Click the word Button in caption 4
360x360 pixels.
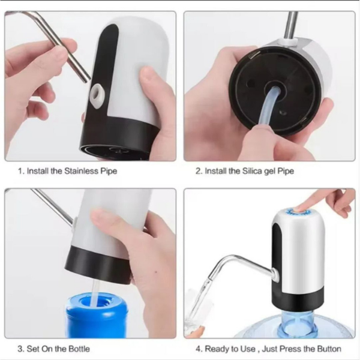point(328,349)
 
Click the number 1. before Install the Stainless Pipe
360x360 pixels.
point(21,171)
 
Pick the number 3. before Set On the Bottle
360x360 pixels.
point(21,349)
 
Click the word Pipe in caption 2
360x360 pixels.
point(286,171)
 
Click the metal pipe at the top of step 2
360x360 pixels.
point(290,24)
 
